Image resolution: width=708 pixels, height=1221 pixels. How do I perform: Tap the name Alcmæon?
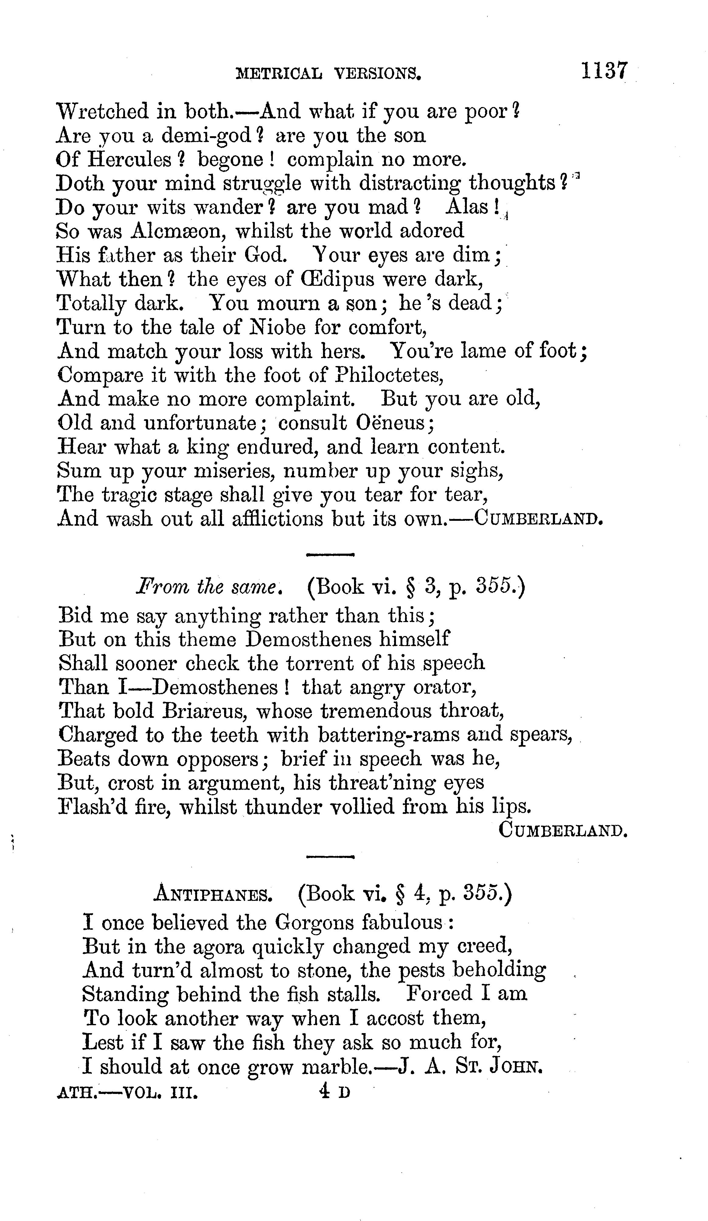coord(175,231)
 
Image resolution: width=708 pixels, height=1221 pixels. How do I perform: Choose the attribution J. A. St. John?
coord(469,1067)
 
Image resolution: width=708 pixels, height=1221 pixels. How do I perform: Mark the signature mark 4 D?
coord(334,1091)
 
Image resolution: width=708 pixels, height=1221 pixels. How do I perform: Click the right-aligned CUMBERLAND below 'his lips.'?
coord(563,831)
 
